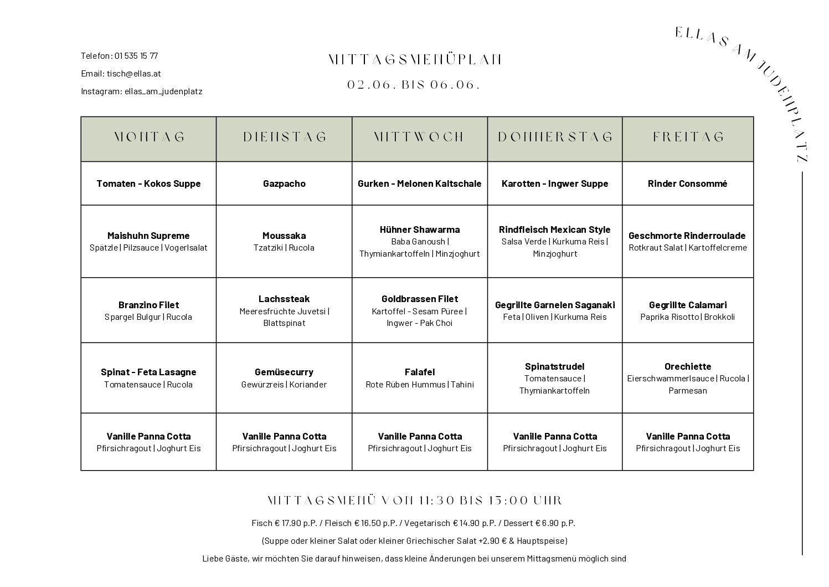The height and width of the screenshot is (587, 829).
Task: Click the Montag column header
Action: pyautogui.click(x=148, y=137)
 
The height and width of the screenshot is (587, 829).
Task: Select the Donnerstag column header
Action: pyautogui.click(x=555, y=137)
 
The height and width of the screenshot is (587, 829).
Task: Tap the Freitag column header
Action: pyautogui.click(x=688, y=137)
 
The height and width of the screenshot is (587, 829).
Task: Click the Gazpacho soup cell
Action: pyautogui.click(x=284, y=183)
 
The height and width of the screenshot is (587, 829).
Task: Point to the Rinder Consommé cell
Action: pyautogui.click(x=687, y=183)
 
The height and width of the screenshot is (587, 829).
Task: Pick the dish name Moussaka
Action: pyautogui.click(x=284, y=236)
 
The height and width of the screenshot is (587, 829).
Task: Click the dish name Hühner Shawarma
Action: pyautogui.click(x=420, y=229)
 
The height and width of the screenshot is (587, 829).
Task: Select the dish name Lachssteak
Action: pyautogui.click(x=284, y=299)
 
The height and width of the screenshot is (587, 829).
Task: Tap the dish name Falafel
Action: pyautogui.click(x=420, y=372)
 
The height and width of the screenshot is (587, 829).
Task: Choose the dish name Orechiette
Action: pyautogui.click(x=688, y=366)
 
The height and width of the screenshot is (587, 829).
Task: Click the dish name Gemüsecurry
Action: pyautogui.click(x=284, y=372)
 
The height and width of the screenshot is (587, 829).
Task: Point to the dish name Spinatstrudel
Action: pyautogui.click(x=554, y=366)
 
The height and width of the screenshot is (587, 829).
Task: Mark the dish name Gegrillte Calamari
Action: pyautogui.click(x=688, y=305)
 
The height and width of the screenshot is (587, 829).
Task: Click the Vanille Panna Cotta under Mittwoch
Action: pyautogui.click(x=420, y=436)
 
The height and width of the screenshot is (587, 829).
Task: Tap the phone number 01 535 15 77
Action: pyautogui.click(x=136, y=56)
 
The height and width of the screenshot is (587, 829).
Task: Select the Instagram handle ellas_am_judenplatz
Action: pyautogui.click(x=163, y=91)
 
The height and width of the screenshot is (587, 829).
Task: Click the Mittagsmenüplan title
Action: pyautogui.click(x=415, y=60)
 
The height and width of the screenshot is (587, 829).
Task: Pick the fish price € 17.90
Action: pyautogui.click(x=289, y=523)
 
